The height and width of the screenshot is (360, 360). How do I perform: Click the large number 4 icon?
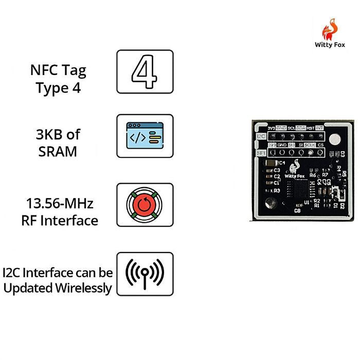pos(145,71)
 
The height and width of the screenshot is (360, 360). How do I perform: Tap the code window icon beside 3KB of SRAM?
pos(145,136)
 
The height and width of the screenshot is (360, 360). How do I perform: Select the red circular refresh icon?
pos(145,205)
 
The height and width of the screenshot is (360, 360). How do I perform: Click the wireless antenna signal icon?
pos(145,273)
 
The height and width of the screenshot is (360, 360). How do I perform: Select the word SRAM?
pos(58,152)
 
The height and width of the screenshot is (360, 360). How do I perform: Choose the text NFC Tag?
pos(58,70)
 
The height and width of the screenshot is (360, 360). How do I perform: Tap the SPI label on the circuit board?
pos(261,153)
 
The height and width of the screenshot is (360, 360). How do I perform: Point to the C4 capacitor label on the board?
pos(282,163)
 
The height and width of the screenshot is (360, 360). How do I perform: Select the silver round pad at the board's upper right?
pos(335,138)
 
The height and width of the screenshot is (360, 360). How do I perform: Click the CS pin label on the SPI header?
pos(321,146)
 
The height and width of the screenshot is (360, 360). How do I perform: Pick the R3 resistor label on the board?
pos(277,190)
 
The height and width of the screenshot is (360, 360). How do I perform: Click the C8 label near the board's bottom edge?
pos(297,210)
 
